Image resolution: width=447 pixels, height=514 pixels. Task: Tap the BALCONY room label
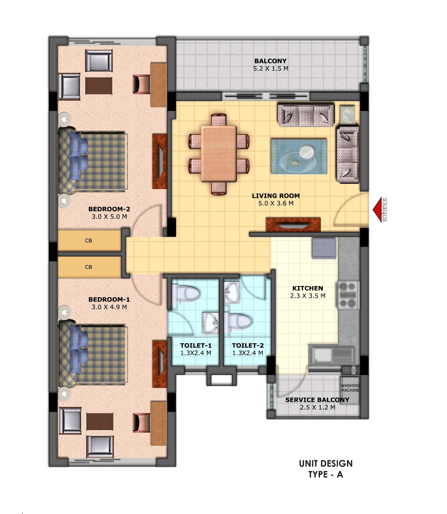270,61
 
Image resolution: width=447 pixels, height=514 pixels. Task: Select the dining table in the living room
219,154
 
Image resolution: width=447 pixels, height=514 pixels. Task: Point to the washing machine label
350,388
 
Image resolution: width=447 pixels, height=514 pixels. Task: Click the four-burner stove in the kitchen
348,295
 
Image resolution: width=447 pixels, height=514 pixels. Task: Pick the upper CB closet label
89,241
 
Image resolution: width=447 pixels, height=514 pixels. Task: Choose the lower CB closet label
89,267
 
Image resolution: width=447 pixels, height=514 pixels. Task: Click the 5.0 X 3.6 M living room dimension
276,203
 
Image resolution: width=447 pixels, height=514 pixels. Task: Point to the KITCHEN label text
308,288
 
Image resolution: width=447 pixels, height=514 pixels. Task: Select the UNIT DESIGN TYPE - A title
326,469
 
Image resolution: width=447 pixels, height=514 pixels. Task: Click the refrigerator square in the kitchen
324,248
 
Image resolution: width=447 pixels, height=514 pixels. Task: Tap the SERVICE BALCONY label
317,400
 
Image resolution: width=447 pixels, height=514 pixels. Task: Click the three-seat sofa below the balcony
306,115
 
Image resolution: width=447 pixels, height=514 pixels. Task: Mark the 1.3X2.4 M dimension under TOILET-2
248,353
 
